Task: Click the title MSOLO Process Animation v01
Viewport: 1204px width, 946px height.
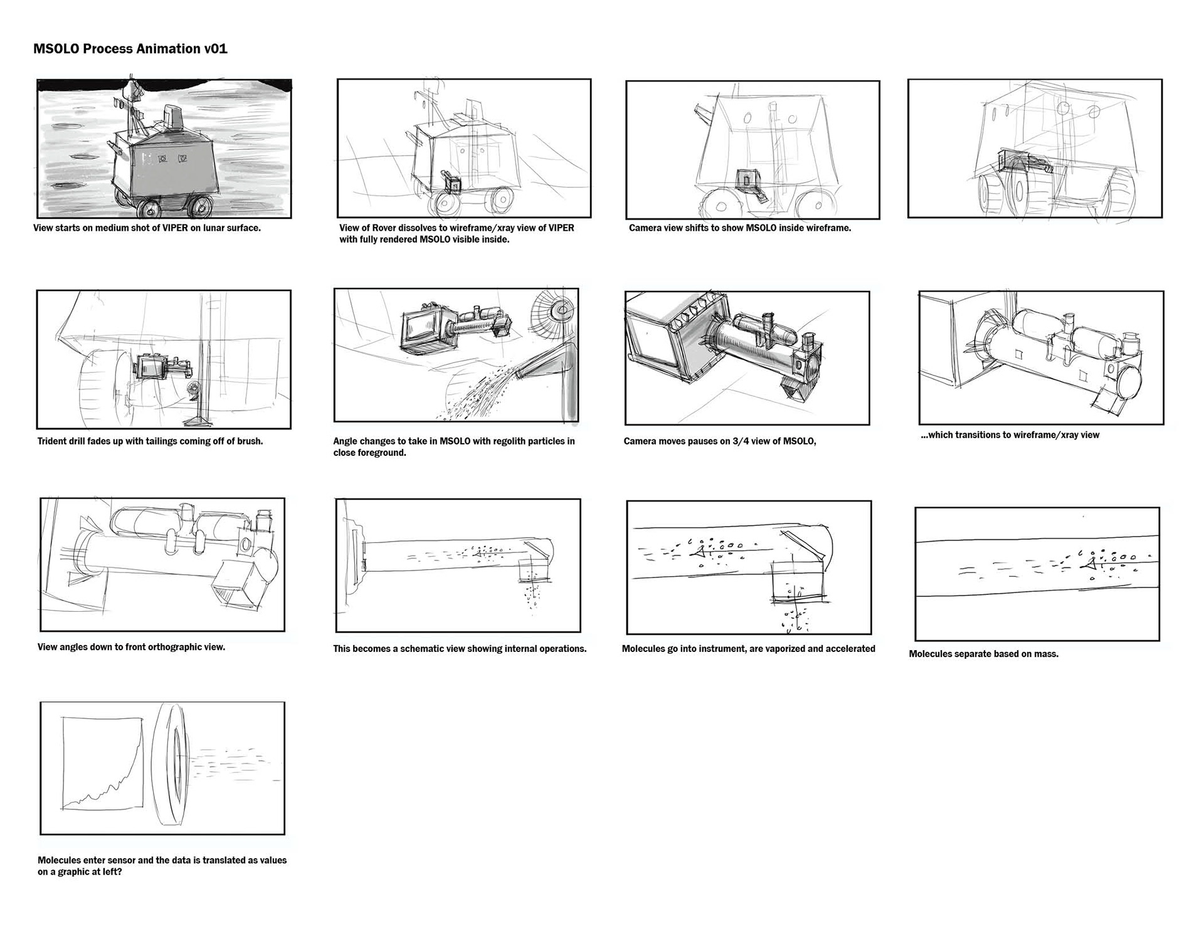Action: tap(130, 49)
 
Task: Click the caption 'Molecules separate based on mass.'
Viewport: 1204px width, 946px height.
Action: tap(984, 654)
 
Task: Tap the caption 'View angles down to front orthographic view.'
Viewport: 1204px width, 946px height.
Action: tap(131, 647)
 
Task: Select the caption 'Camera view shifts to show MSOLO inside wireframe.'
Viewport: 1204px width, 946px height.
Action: tap(740, 228)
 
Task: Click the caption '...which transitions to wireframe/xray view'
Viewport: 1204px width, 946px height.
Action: tap(1010, 435)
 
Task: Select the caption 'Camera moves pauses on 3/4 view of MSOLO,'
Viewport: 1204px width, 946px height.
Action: tap(720, 441)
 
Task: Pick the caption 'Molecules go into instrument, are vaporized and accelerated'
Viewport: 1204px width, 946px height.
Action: tap(749, 649)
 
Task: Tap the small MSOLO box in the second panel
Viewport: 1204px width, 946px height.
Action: tap(452, 184)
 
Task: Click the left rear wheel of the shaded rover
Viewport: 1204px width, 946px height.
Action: tap(150, 209)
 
